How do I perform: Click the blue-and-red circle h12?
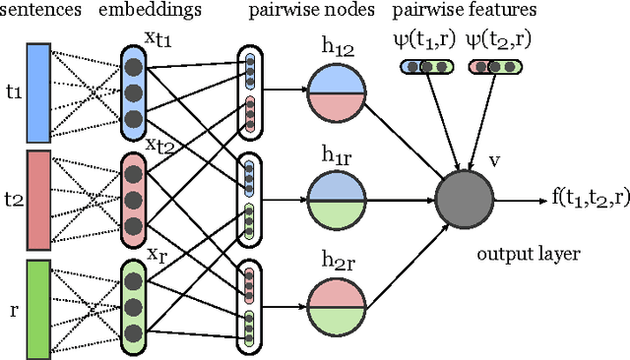(337, 94)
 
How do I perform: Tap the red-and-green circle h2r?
(337, 307)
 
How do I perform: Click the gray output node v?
(468, 200)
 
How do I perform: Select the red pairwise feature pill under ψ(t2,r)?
(495, 67)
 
